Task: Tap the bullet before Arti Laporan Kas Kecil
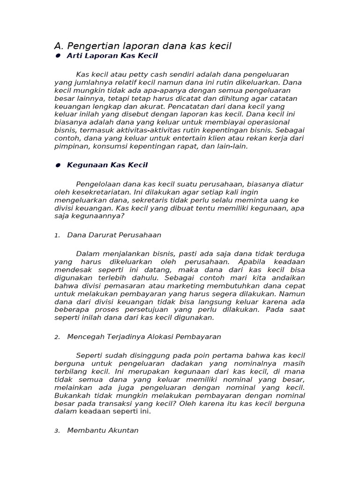58,56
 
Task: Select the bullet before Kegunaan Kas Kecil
58,165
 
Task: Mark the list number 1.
57,235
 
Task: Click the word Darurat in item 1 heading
100,235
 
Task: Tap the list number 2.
57,337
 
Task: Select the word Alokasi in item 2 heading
162,337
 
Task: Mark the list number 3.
57,431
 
